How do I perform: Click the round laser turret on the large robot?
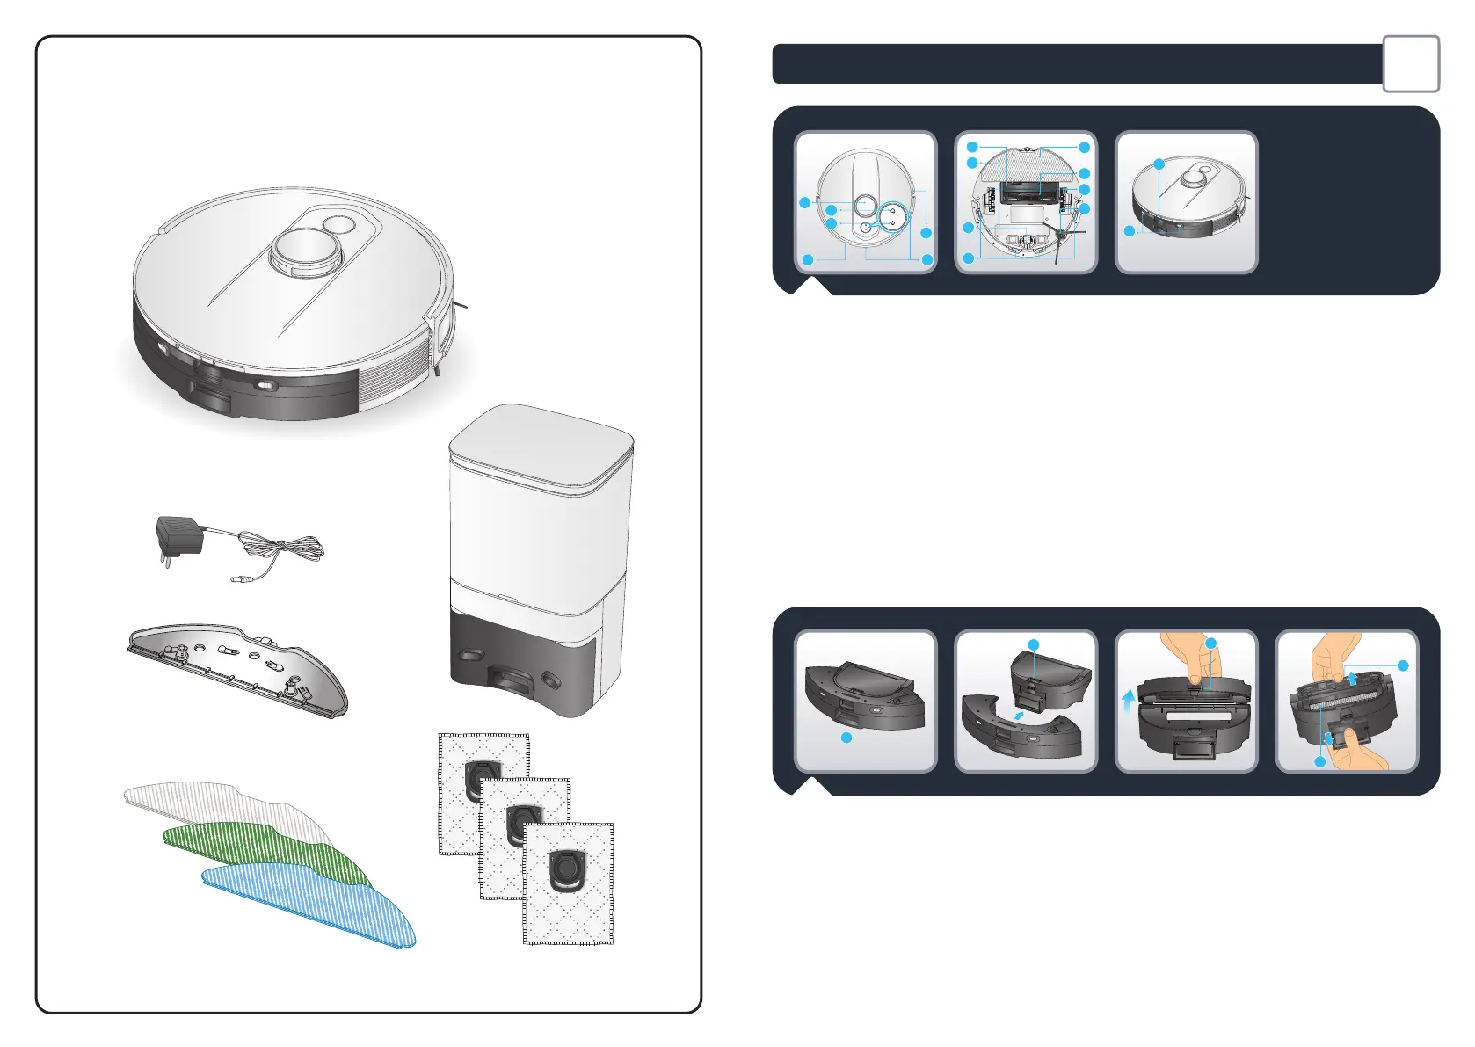pos(304,251)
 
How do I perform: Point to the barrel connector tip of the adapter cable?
pos(238,578)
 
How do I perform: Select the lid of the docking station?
pos(541,444)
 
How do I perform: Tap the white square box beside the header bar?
pos(1411,63)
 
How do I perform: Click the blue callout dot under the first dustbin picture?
pos(846,738)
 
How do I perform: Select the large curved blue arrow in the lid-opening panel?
pos(1128,704)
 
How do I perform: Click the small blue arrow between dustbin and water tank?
pos(1020,716)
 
